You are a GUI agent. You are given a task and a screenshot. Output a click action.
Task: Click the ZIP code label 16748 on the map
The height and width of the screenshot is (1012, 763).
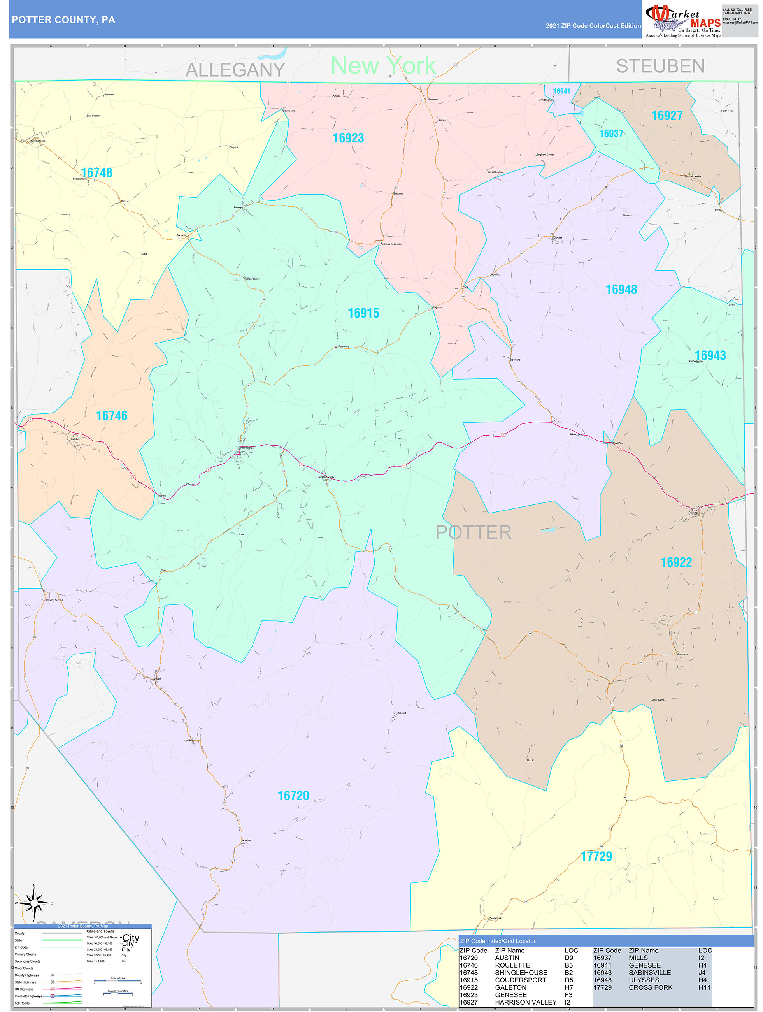point(96,172)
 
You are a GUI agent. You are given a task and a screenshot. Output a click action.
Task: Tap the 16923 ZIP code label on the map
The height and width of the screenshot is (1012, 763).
point(348,138)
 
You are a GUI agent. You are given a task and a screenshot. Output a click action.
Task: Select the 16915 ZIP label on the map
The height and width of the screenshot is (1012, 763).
point(363,313)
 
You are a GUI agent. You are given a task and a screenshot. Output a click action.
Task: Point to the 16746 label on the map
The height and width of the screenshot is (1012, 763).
point(112,415)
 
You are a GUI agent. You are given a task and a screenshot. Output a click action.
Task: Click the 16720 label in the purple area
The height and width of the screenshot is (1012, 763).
point(293,796)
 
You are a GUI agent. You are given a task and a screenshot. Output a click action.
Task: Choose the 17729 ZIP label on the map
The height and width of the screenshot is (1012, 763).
point(596,856)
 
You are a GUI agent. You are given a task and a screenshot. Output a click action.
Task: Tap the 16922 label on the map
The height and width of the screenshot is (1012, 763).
point(676,562)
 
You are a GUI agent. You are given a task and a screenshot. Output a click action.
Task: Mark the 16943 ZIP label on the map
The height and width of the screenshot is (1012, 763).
point(710,355)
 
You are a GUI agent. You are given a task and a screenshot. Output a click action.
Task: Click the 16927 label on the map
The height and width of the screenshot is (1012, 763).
point(667,115)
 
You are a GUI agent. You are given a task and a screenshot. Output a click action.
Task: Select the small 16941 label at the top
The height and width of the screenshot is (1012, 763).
point(562,91)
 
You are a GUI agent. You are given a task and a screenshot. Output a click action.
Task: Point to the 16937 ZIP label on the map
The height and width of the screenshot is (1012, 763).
point(611,134)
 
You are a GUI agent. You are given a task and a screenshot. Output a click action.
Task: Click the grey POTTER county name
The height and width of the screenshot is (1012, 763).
point(473,532)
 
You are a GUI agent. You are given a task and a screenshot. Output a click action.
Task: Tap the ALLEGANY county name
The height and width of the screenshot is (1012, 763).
point(235,70)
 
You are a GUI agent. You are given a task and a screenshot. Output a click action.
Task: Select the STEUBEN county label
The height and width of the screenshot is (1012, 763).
point(660,66)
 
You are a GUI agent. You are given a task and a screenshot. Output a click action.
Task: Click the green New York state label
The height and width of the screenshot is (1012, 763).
point(383,65)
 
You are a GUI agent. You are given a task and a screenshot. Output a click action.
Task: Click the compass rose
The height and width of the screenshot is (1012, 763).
point(34,903)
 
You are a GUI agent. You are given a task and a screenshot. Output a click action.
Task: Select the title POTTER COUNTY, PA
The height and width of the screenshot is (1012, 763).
point(63,20)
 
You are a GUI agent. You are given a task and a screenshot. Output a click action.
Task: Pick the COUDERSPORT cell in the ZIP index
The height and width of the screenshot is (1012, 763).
point(520,980)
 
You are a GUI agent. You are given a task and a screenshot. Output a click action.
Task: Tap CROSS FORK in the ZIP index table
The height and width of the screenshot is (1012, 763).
point(651,987)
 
